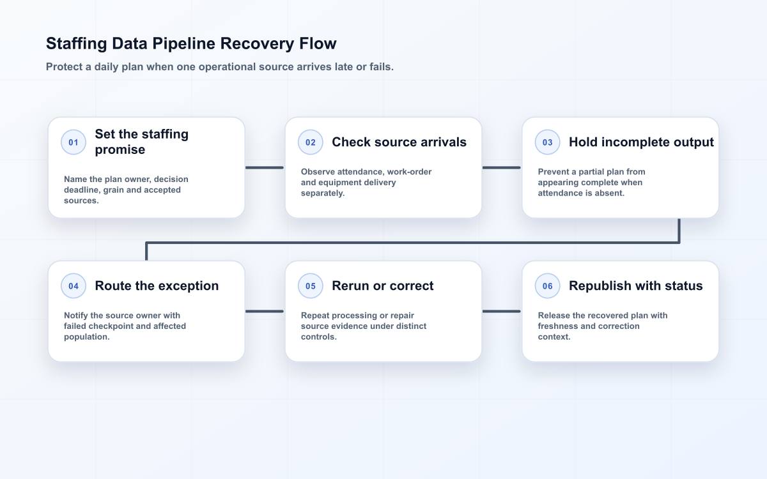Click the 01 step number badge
tap(74, 142)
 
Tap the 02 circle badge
tap(310, 142)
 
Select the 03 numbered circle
tap(547, 142)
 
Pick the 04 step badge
tap(74, 285)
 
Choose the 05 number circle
tap(310, 285)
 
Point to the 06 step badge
tap(547, 285)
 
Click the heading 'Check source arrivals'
tap(399, 142)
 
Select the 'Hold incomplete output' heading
tap(641, 142)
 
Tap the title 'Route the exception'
tap(157, 286)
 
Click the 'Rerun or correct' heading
tap(382, 285)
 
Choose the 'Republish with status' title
tap(635, 286)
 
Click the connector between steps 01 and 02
tap(265, 167)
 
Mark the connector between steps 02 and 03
tap(501, 167)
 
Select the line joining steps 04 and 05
tap(265, 312)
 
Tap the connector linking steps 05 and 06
tap(501, 312)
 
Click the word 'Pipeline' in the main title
tap(184, 44)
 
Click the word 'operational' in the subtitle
tap(227, 67)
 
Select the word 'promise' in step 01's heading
tap(120, 150)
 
